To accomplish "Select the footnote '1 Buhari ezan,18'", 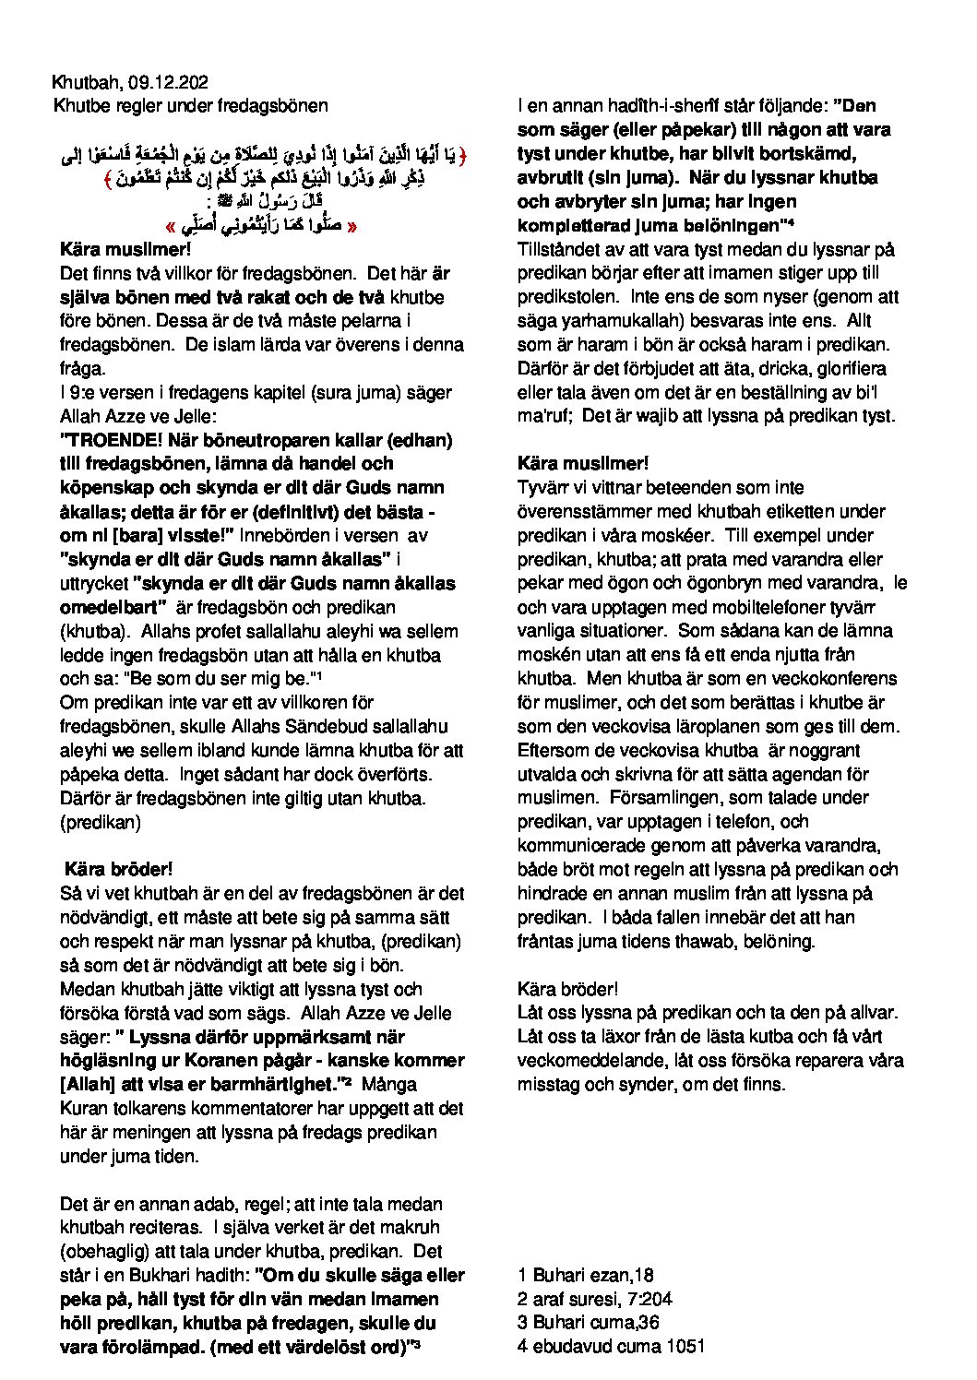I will tap(586, 1275).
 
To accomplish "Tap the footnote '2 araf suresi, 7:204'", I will tap(595, 1299).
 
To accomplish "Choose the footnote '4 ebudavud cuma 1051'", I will tap(613, 1346).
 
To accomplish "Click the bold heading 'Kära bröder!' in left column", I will tap(118, 869).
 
